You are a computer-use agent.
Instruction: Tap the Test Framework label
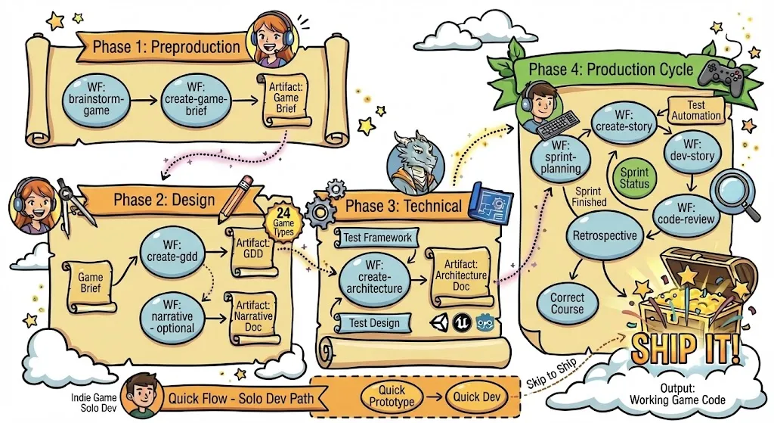pyautogui.click(x=377, y=238)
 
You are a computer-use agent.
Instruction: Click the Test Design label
pyautogui.click(x=373, y=323)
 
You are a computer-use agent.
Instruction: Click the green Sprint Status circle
pyautogui.click(x=634, y=178)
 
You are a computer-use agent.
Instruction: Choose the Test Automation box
pyautogui.click(x=695, y=111)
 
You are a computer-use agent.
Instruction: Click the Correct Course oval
pyautogui.click(x=567, y=303)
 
